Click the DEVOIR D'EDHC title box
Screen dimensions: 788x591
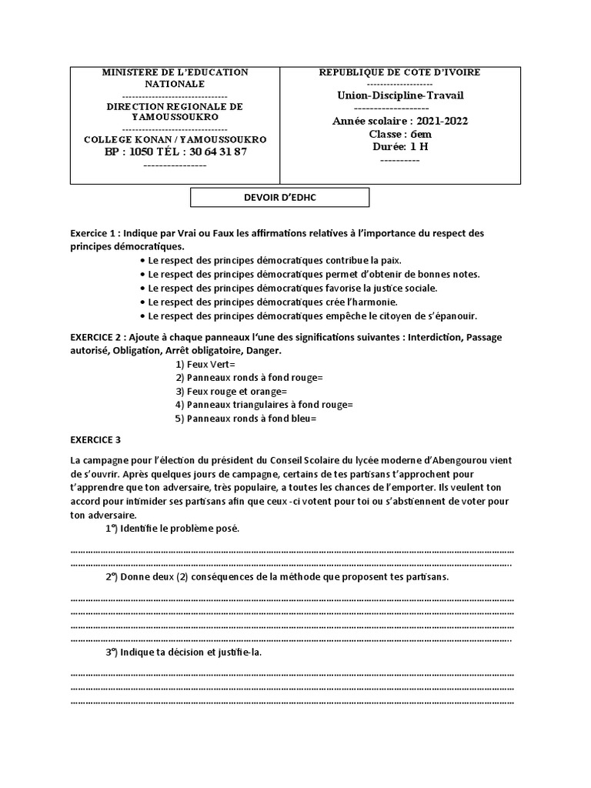pos(280,198)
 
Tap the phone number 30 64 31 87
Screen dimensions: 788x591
pos(218,152)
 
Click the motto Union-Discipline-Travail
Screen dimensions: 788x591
pos(400,95)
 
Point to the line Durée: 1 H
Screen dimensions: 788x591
pos(399,146)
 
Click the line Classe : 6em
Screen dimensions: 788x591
pos(400,134)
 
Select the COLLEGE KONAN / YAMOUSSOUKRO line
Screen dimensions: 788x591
pos(175,139)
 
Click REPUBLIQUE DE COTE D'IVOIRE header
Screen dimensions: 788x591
pos(400,72)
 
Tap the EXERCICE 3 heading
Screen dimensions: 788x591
pos(95,440)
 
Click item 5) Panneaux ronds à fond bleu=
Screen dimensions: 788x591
pos(246,419)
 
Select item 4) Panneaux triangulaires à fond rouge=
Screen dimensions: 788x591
pos(264,405)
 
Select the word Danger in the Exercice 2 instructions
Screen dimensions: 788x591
pos(262,350)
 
